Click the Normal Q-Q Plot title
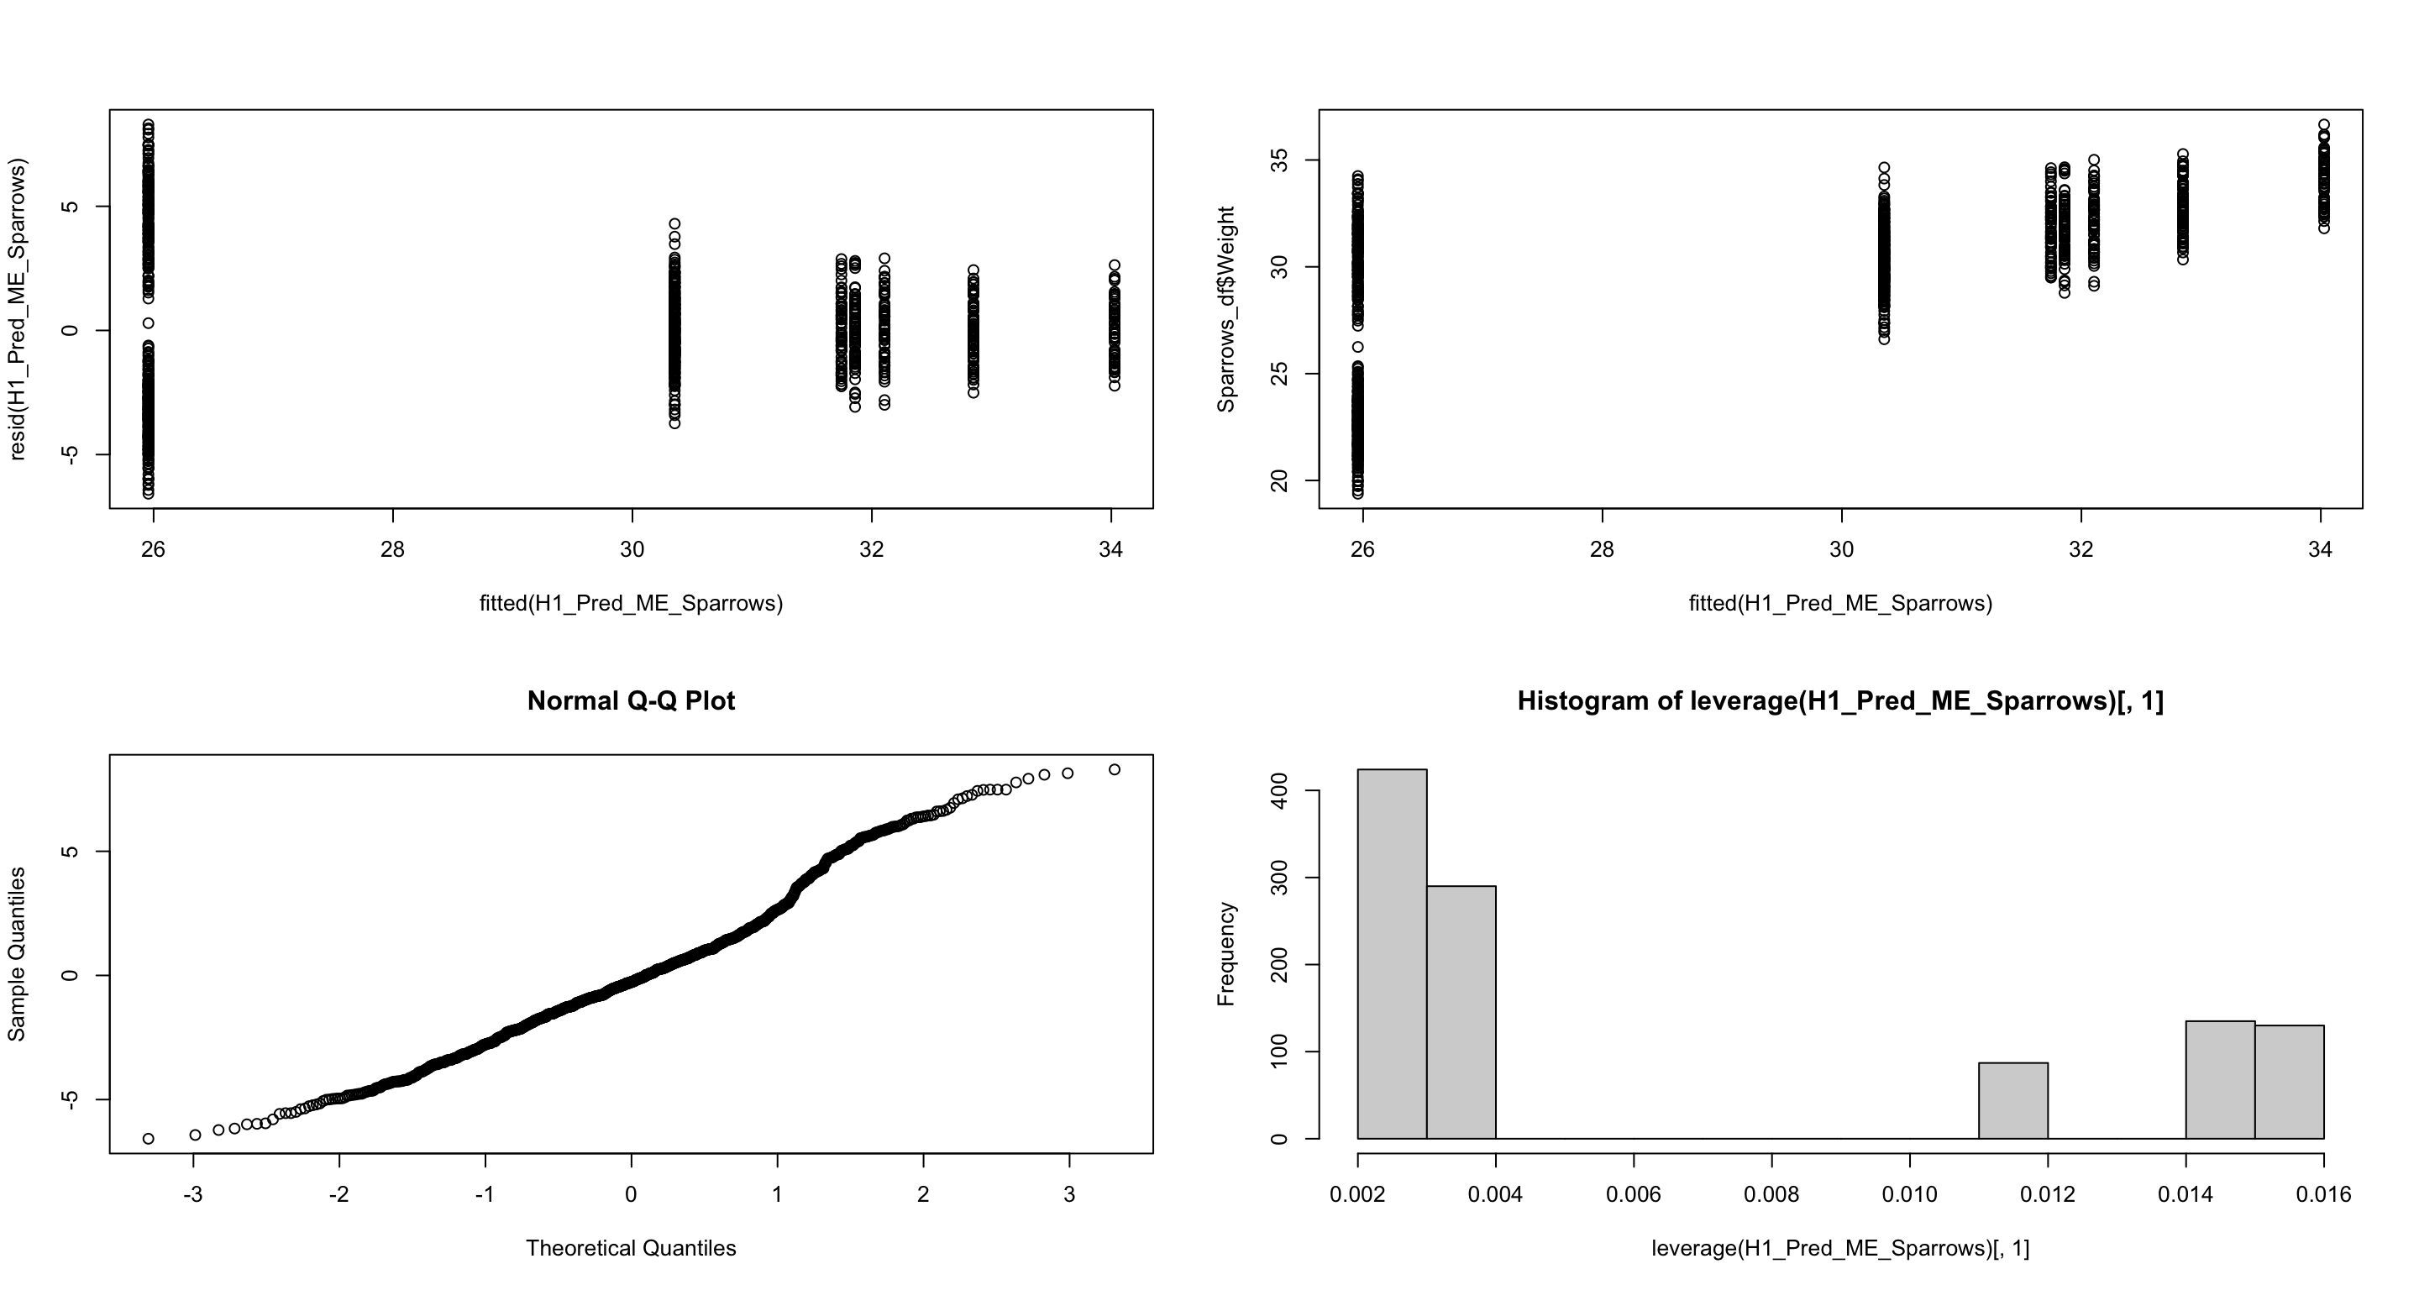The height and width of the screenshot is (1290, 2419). (631, 701)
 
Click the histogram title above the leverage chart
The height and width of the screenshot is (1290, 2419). (1839, 701)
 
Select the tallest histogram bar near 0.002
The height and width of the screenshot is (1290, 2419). (1392, 953)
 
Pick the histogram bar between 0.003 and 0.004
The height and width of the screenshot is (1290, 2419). (1461, 1012)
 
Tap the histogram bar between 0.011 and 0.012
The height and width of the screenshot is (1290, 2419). (2013, 1100)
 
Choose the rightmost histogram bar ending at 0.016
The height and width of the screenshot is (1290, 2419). (2289, 1082)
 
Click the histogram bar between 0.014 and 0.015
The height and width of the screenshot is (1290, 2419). (2220, 1080)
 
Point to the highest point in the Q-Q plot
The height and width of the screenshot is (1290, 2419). (1115, 770)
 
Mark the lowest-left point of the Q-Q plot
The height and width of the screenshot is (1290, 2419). (149, 1139)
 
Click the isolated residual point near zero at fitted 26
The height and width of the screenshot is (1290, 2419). (149, 323)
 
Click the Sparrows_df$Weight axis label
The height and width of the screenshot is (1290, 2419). (1226, 309)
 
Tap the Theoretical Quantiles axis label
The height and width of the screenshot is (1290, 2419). (631, 1249)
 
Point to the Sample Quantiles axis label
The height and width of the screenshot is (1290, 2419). (17, 954)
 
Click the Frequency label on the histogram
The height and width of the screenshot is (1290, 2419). (1226, 954)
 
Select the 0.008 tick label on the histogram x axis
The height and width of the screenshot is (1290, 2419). (1771, 1194)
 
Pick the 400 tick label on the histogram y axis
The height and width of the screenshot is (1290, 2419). (1278, 791)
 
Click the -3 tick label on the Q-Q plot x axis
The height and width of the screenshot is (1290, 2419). (193, 1194)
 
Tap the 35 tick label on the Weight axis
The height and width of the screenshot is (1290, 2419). (1278, 160)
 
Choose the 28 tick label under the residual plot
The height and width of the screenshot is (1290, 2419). (392, 549)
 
